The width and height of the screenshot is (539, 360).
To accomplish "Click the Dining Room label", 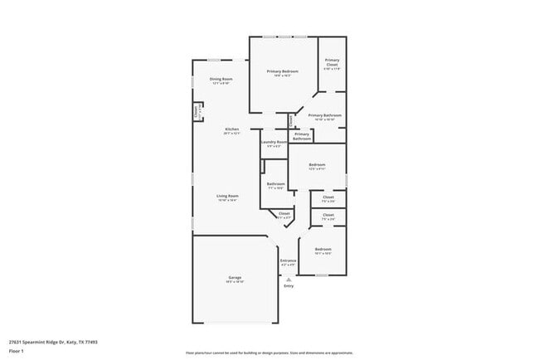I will (x=221, y=79).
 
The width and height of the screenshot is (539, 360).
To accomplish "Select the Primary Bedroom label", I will (x=284, y=71).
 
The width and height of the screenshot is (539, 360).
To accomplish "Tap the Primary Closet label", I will (x=332, y=61).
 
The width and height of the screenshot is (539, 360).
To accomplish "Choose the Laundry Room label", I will (x=274, y=142).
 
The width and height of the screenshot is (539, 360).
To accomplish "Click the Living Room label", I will (x=227, y=196).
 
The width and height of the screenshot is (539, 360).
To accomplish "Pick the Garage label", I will (x=235, y=277).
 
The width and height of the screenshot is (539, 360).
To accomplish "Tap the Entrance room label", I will (x=288, y=260).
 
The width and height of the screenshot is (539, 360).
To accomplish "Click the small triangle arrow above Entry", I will (x=289, y=280).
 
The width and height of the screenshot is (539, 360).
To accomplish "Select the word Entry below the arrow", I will (x=289, y=287).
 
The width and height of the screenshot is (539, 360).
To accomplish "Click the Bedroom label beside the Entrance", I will (x=323, y=249).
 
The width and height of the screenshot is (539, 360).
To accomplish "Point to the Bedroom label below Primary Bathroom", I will (x=317, y=165).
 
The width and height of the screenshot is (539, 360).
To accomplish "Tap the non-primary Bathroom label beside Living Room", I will (x=275, y=184).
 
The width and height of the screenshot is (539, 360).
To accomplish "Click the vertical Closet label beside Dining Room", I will (x=197, y=110).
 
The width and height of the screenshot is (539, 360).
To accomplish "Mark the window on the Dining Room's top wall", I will (x=214, y=60).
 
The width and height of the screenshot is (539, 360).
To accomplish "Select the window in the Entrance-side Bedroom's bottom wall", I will (x=321, y=275).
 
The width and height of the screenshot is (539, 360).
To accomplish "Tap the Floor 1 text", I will (x=16, y=351).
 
